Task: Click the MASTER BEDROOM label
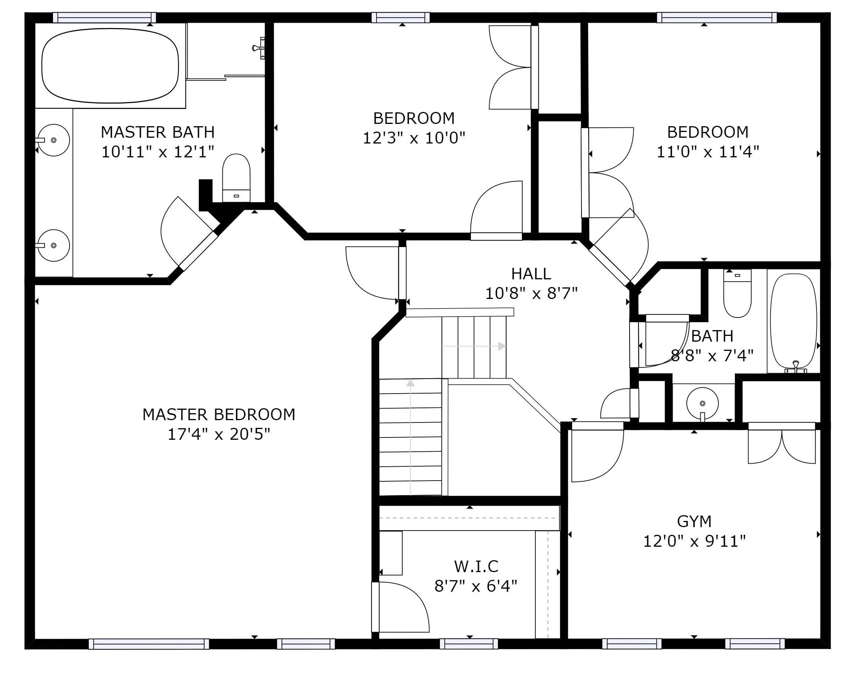219,414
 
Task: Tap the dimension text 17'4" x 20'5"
219,434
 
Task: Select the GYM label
694,521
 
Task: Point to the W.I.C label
476,566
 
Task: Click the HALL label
531,274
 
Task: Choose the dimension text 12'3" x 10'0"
414,138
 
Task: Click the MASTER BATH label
157,132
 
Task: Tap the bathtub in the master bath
110,66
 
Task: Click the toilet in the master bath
236,178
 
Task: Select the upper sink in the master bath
53,140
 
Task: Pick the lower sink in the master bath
53,245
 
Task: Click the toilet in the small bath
737,293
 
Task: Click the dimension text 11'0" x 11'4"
708,152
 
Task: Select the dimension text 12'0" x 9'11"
694,541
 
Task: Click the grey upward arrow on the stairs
411,437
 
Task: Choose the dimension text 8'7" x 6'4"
476,586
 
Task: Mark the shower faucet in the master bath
259,48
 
